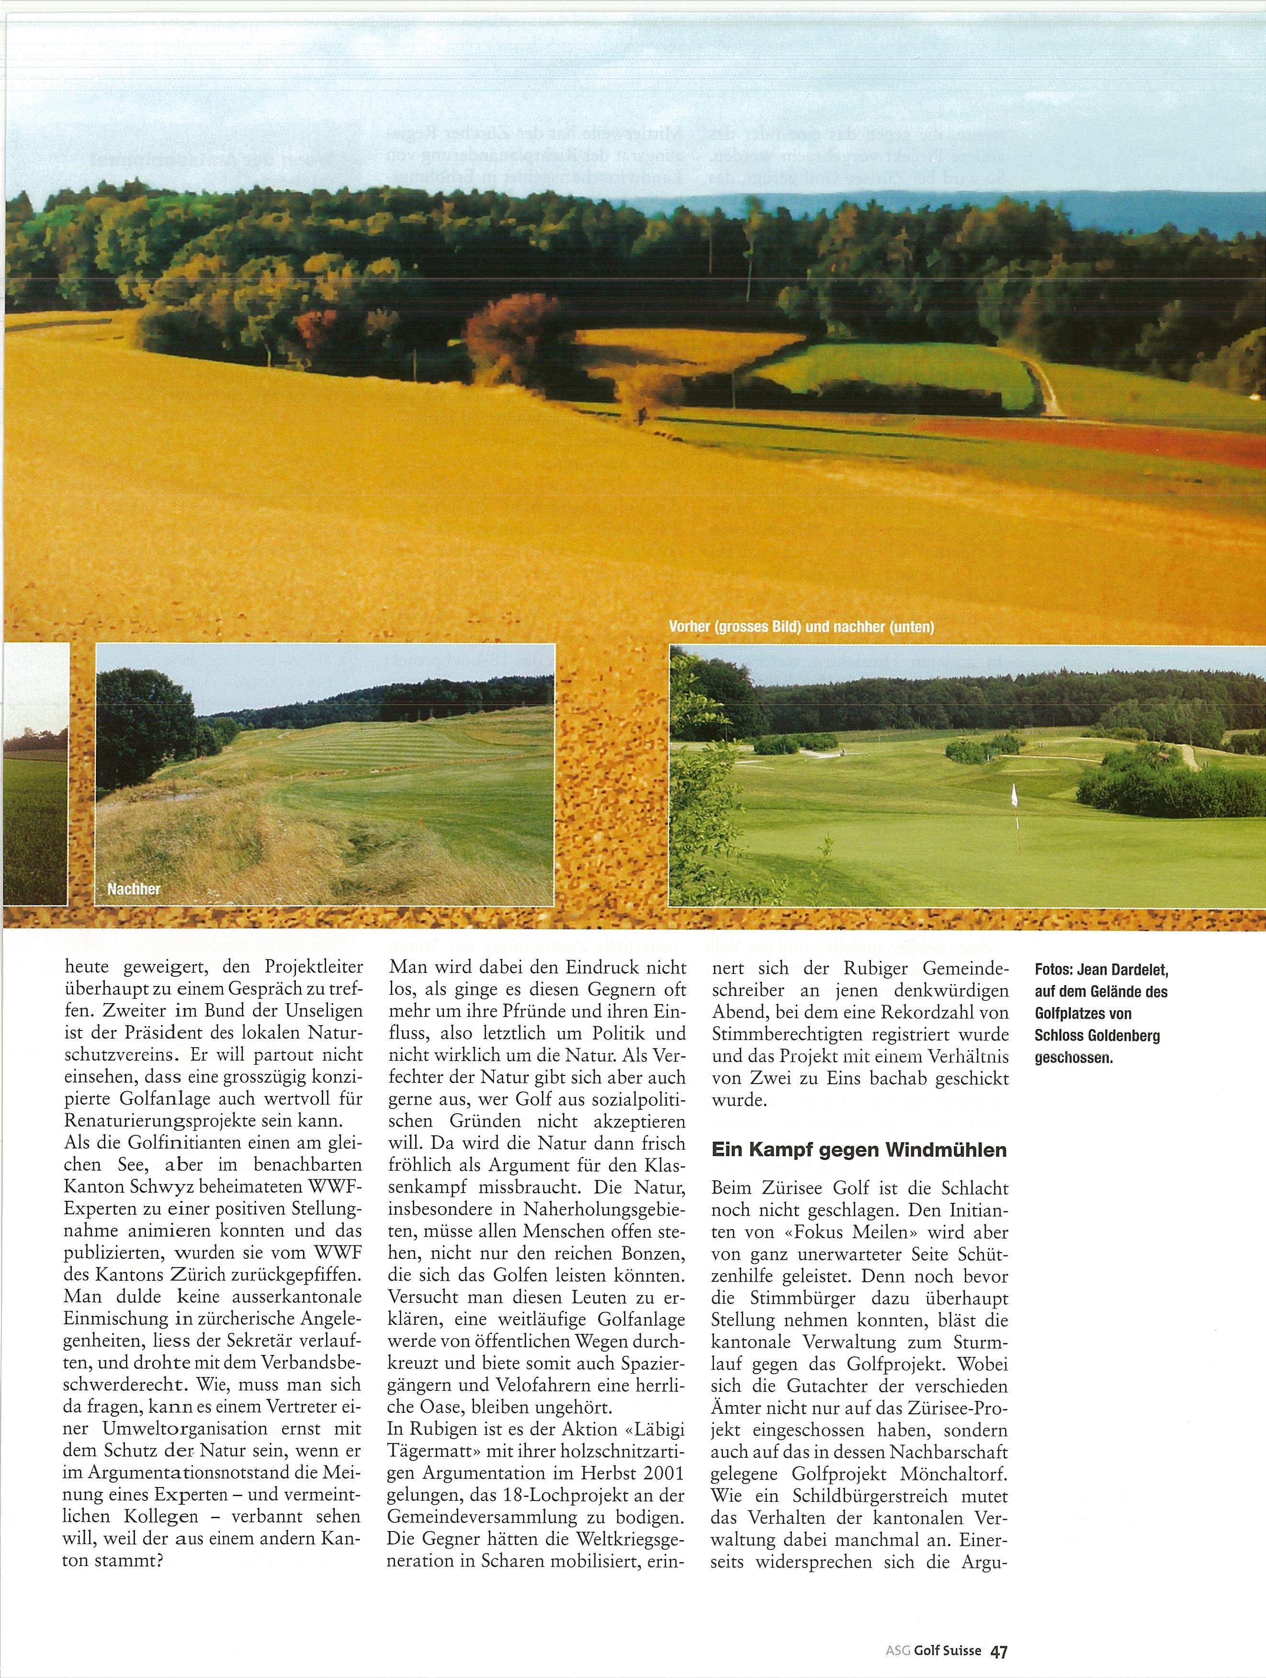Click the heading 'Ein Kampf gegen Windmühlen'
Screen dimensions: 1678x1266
click(x=859, y=1150)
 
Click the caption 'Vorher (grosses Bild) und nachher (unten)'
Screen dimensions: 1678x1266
click(x=801, y=627)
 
